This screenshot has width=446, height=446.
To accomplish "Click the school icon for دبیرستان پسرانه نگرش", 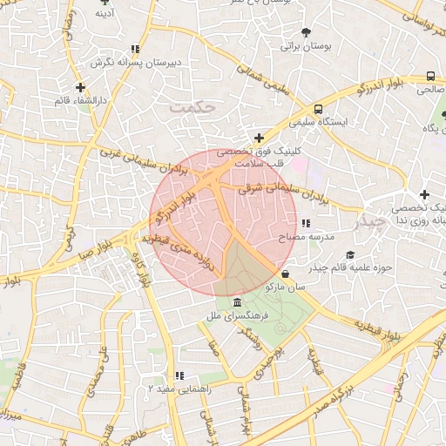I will point(134,50).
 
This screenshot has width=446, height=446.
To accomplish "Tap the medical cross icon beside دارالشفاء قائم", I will point(80,87).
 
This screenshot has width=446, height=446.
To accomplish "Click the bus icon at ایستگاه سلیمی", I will point(318,110).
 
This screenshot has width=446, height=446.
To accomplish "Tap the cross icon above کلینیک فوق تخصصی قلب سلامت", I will point(259,137).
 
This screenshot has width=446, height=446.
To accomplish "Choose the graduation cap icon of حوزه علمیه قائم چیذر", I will point(350,255).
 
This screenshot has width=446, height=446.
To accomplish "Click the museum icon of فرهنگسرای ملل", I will point(239,301).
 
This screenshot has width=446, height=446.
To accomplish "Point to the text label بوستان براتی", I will point(301,46).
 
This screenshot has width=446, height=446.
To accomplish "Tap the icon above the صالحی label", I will point(431,76).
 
